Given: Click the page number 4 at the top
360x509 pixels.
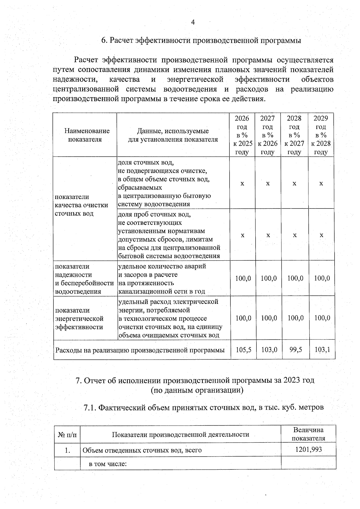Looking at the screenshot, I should pos(193,22).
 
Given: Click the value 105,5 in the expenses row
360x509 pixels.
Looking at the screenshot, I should pos(243,349).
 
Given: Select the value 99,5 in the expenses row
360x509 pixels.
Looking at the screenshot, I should pos(295,349).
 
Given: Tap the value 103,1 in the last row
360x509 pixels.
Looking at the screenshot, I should pos(322,349).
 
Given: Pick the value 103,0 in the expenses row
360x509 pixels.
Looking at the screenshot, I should pos(269,349).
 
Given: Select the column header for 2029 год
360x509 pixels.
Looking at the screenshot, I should pos(321,135).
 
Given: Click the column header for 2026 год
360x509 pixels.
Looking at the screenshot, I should pos(242,135).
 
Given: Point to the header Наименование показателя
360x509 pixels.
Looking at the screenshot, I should pos(87,135).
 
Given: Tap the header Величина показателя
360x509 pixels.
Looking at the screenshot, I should pos(308,434).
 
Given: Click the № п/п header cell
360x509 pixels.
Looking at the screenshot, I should pos(67,434).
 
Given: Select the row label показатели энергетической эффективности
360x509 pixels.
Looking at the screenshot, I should pos(79,319).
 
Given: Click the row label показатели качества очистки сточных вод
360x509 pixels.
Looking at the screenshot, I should pos(81,205).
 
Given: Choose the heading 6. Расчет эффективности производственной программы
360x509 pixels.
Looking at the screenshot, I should pos(201,40).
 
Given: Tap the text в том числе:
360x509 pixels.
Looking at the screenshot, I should pos(108,464).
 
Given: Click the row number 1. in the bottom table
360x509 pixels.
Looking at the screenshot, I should pos(67,450).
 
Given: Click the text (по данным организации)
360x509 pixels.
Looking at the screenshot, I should pos(197,390).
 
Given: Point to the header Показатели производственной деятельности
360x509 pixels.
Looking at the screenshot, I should pos(180,434).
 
